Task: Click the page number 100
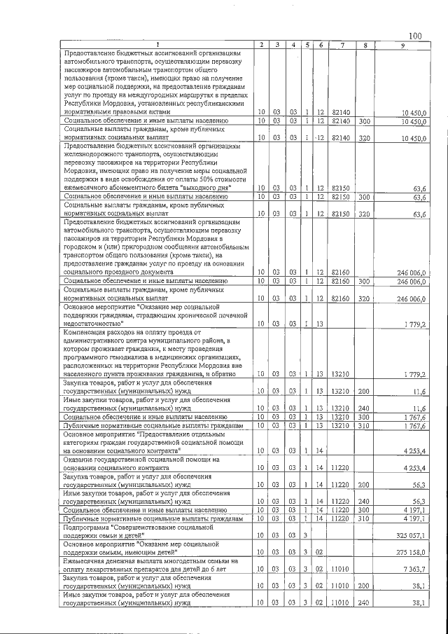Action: [415, 36]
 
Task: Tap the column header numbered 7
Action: [341, 46]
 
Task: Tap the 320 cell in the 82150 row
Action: [364, 213]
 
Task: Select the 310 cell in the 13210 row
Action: [364, 425]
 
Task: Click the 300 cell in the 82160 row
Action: [364, 300]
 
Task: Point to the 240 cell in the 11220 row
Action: [364, 502]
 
